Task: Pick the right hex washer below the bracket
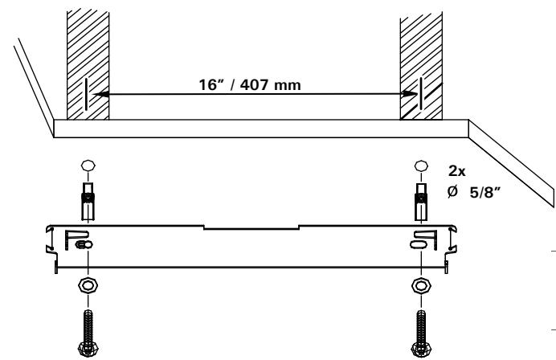click(420, 288)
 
